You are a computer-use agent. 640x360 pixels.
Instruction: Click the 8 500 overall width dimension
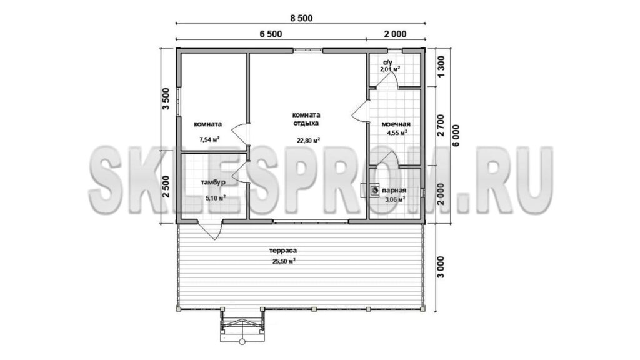point(301,18)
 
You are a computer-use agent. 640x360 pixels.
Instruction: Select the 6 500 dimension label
point(271,34)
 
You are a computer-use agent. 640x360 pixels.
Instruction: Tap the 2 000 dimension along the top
point(395,34)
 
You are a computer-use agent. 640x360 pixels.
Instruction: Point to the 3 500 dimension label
point(166,99)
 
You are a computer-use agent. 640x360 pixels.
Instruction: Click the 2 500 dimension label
point(166,186)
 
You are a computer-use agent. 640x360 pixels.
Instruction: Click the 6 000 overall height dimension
point(456,136)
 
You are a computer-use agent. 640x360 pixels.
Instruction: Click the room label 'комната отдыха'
point(306,119)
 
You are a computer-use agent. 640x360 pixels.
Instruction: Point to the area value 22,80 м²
point(308,141)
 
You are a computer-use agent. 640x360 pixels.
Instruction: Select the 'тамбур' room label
point(212,182)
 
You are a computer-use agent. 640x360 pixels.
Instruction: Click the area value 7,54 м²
point(209,139)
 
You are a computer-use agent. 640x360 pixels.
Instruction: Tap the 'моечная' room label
point(396,124)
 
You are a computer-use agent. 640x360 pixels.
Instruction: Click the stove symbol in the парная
point(375,191)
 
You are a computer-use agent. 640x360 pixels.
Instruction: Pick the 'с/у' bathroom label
point(387,62)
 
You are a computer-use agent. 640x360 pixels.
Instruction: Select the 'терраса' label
point(282,251)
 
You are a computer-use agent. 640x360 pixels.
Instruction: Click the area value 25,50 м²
point(284,262)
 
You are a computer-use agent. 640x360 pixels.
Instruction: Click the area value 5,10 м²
point(216,199)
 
